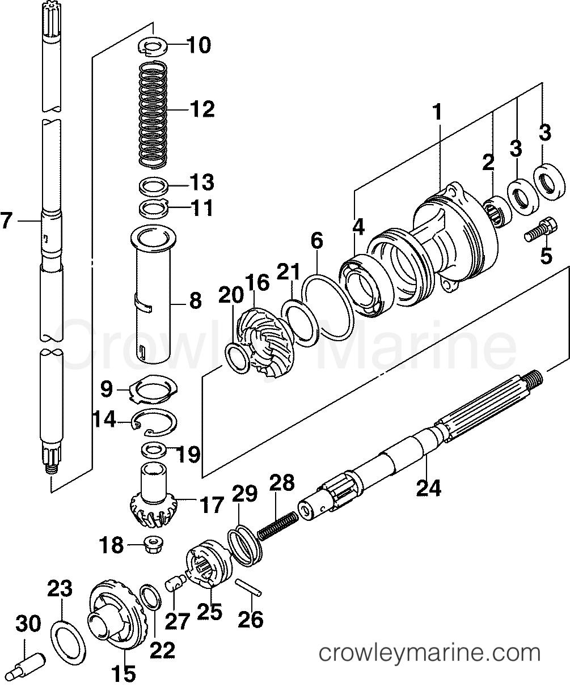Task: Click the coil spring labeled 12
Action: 153,115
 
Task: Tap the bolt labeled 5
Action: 541,229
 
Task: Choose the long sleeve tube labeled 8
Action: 153,294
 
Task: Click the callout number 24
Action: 428,487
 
